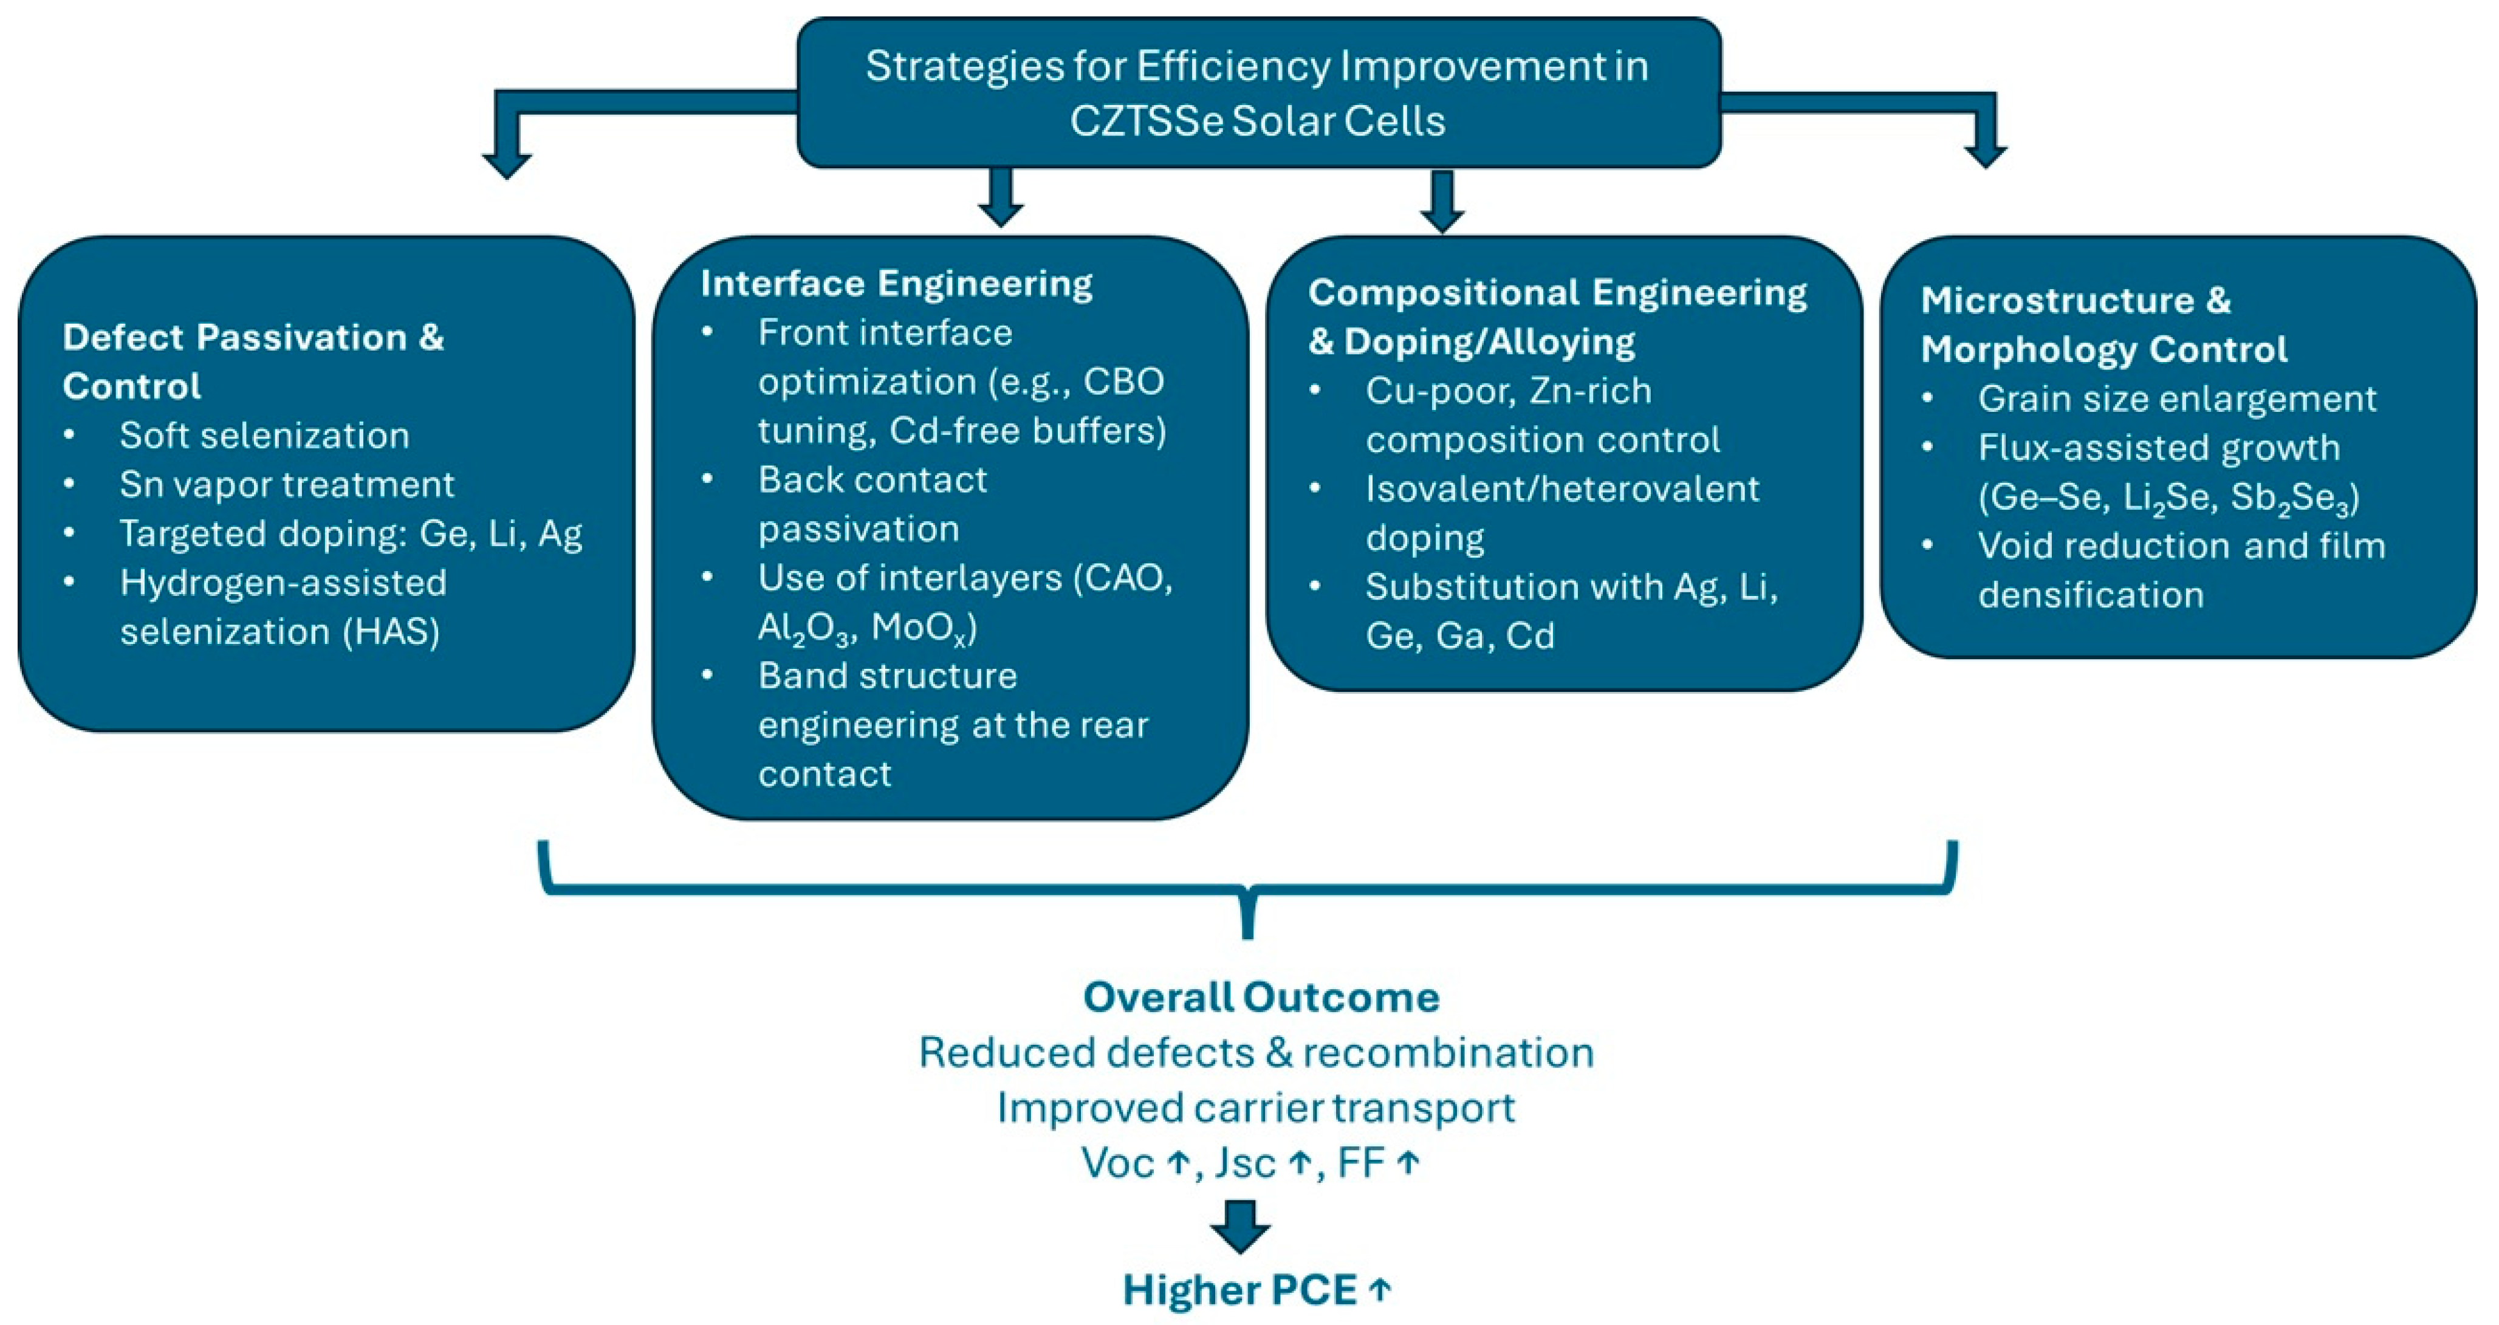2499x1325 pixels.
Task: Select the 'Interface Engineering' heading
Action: pyautogui.click(x=896, y=283)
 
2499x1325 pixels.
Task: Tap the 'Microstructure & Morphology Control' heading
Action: pyautogui.click(x=2103, y=324)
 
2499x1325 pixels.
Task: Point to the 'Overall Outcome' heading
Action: pyautogui.click(x=1260, y=996)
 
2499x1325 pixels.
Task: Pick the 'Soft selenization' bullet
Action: pyautogui.click(x=264, y=436)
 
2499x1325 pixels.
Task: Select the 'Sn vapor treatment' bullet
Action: pyautogui.click(x=286, y=484)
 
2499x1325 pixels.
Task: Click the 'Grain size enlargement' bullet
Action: pyautogui.click(x=2177, y=399)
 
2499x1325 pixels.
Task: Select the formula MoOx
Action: pyautogui.click(x=922, y=629)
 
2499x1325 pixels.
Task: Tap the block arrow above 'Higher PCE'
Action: pyautogui.click(x=1241, y=1225)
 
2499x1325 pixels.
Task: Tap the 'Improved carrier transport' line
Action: pyautogui.click(x=1255, y=1108)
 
